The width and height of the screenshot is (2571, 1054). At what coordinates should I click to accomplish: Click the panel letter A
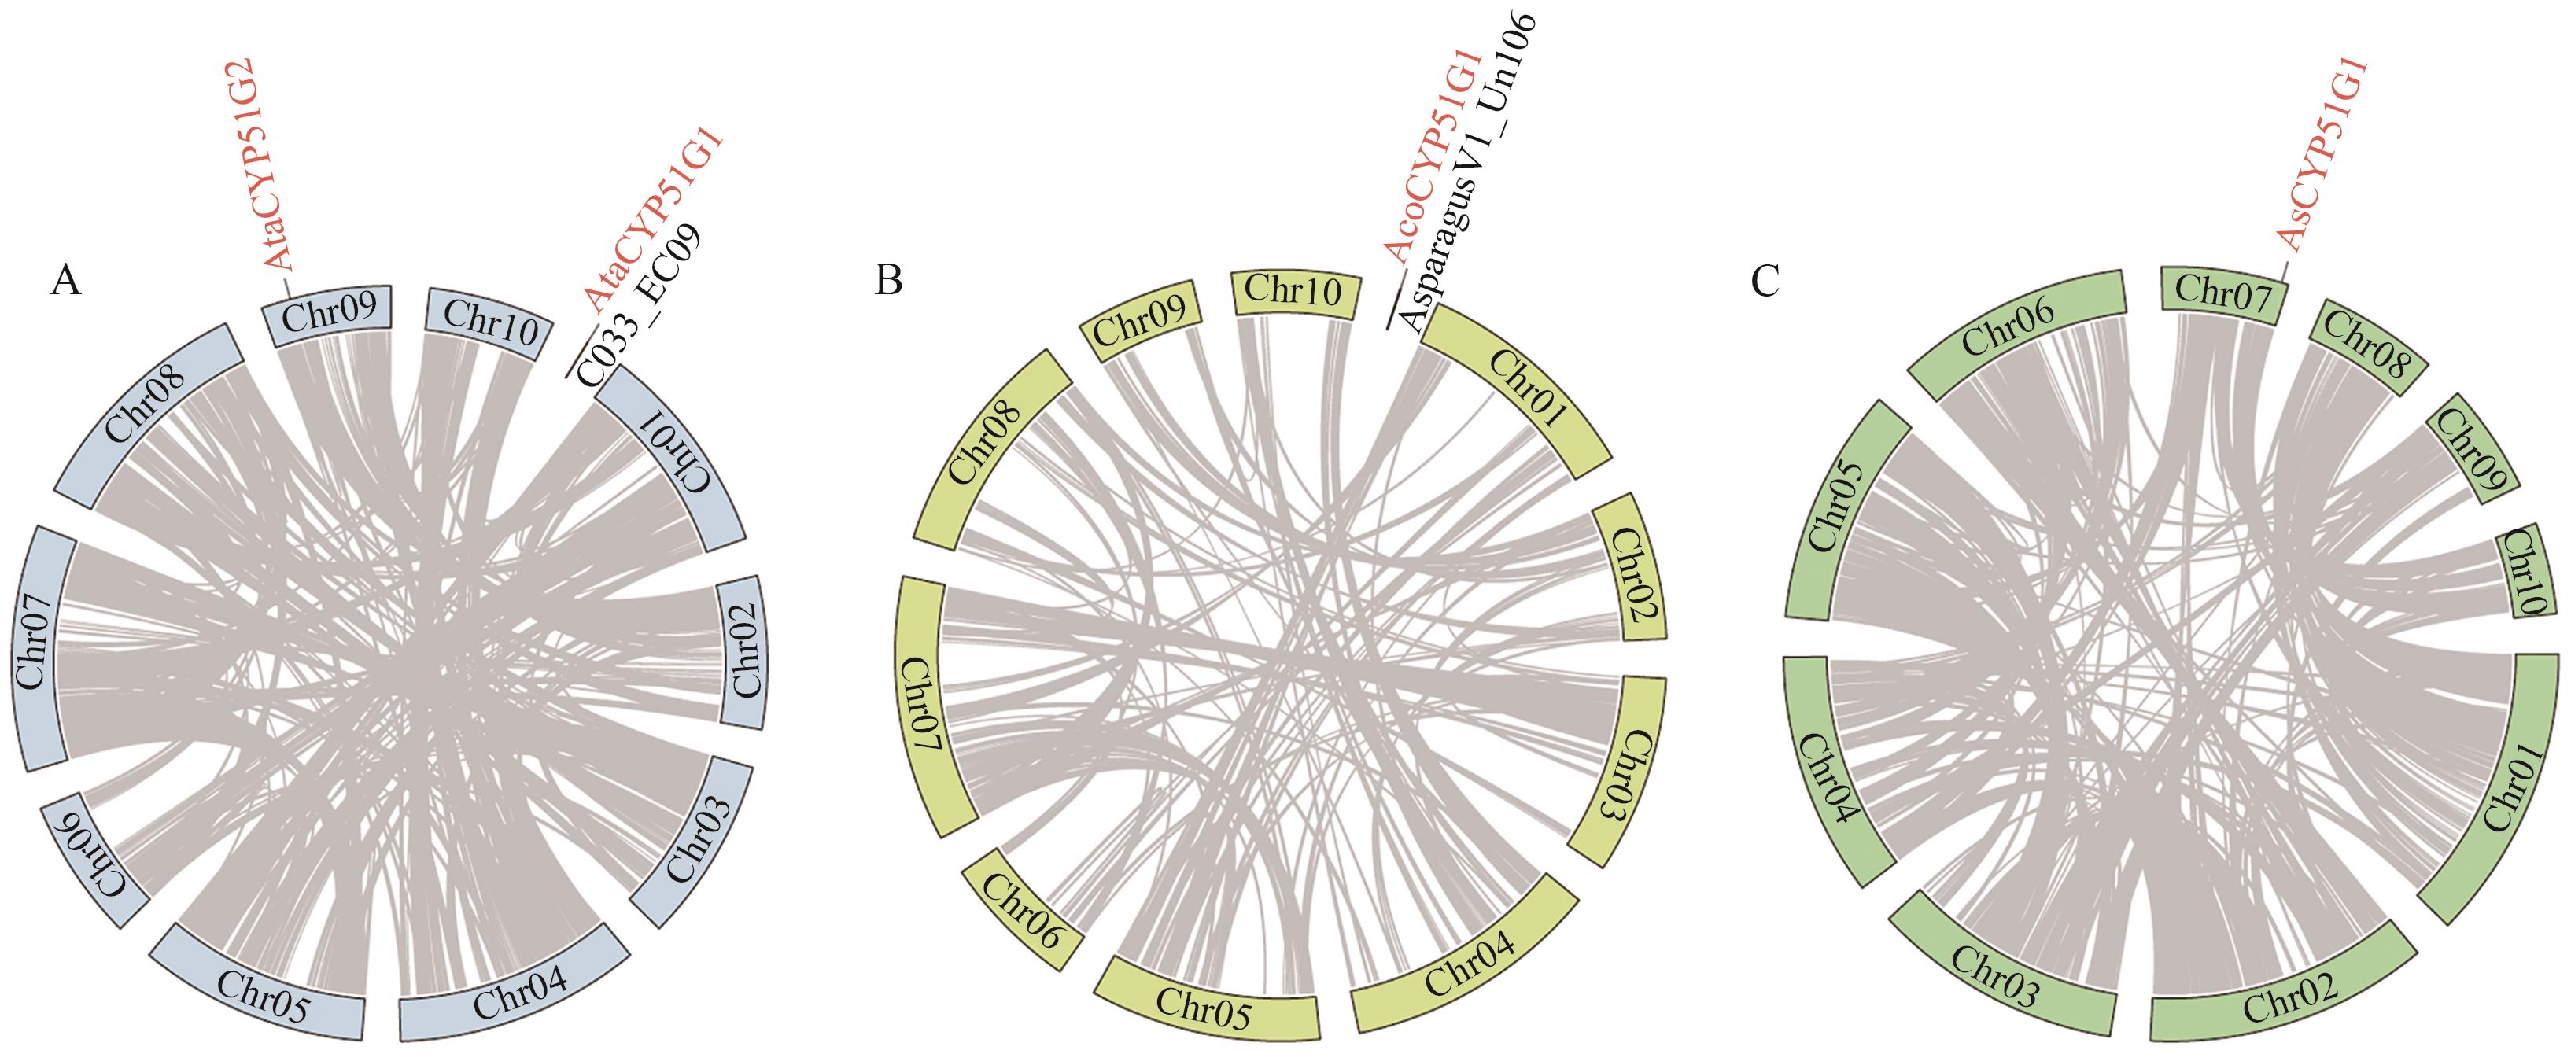tap(66, 282)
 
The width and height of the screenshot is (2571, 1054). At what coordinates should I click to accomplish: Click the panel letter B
tap(888, 282)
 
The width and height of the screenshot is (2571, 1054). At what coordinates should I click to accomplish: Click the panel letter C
tap(1765, 282)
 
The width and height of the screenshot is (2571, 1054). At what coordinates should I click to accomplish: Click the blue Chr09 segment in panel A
tap(330, 315)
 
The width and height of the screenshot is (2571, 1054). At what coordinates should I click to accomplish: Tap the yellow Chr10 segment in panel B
tap(1294, 294)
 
